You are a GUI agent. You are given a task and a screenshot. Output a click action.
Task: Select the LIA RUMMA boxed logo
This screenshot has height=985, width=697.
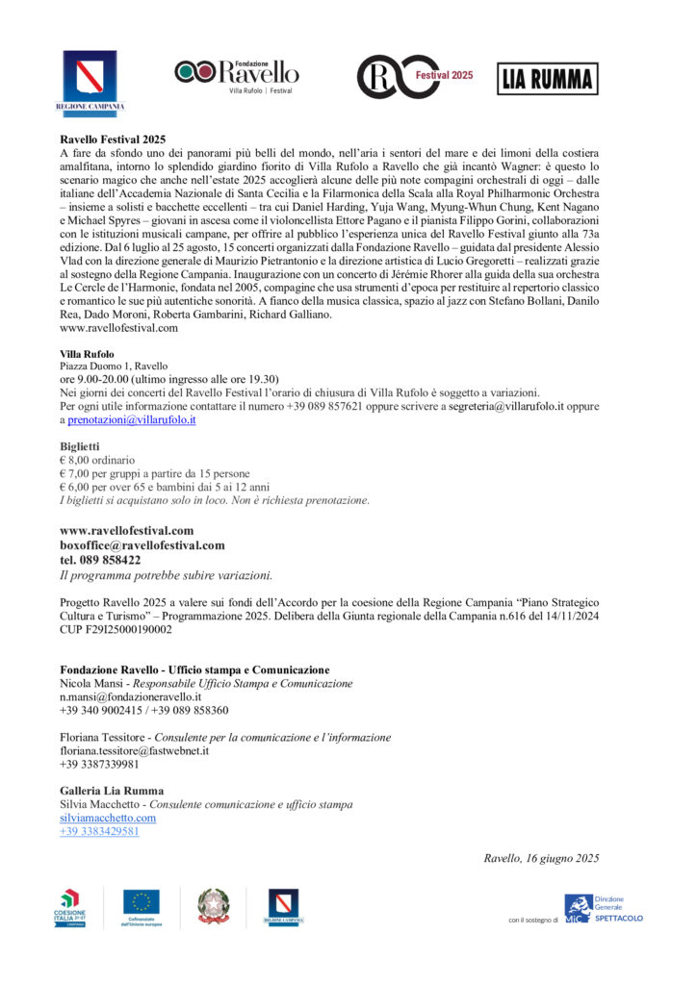point(546,79)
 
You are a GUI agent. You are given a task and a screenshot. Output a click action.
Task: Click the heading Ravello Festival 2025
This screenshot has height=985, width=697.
point(113,139)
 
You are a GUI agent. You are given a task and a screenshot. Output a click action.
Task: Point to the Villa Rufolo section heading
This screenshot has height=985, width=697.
point(87,354)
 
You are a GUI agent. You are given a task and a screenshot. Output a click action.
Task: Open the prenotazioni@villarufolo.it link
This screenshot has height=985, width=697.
point(132,420)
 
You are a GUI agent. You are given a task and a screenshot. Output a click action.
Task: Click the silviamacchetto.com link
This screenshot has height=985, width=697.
point(108,818)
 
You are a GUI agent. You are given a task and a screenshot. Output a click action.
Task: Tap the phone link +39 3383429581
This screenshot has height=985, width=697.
point(99,831)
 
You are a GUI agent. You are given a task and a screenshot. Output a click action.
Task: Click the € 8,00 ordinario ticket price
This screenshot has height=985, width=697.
point(97,460)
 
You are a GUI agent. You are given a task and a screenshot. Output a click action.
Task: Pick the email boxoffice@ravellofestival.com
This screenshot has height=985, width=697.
point(142,544)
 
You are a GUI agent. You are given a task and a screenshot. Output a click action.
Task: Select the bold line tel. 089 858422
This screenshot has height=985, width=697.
point(100,560)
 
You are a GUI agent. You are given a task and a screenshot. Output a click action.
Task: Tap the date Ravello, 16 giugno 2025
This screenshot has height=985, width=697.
point(541,858)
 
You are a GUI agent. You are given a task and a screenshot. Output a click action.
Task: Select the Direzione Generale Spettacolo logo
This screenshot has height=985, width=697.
point(604,908)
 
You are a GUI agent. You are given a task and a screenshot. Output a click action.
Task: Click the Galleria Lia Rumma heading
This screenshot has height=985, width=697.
point(112,791)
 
